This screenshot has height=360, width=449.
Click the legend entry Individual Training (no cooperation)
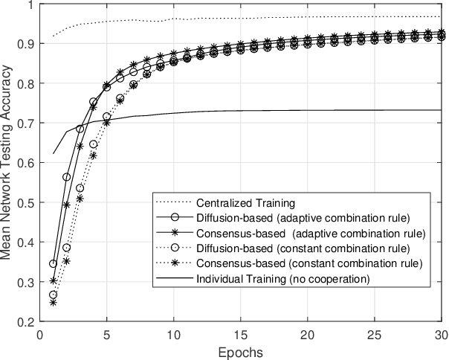click(x=280, y=279)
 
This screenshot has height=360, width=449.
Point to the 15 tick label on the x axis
click(x=240, y=334)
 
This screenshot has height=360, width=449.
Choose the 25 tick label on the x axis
click(x=374, y=334)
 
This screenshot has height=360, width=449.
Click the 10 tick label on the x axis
click(x=173, y=334)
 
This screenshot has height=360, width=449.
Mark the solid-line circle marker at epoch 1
click(x=53, y=264)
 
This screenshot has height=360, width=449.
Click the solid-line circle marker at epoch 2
click(x=66, y=177)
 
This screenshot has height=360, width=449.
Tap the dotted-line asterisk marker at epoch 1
click(x=53, y=303)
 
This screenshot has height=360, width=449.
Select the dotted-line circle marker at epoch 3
click(x=80, y=187)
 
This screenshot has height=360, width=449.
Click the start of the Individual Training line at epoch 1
click(x=53, y=154)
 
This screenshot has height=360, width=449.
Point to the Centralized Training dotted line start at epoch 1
click(x=53, y=36)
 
